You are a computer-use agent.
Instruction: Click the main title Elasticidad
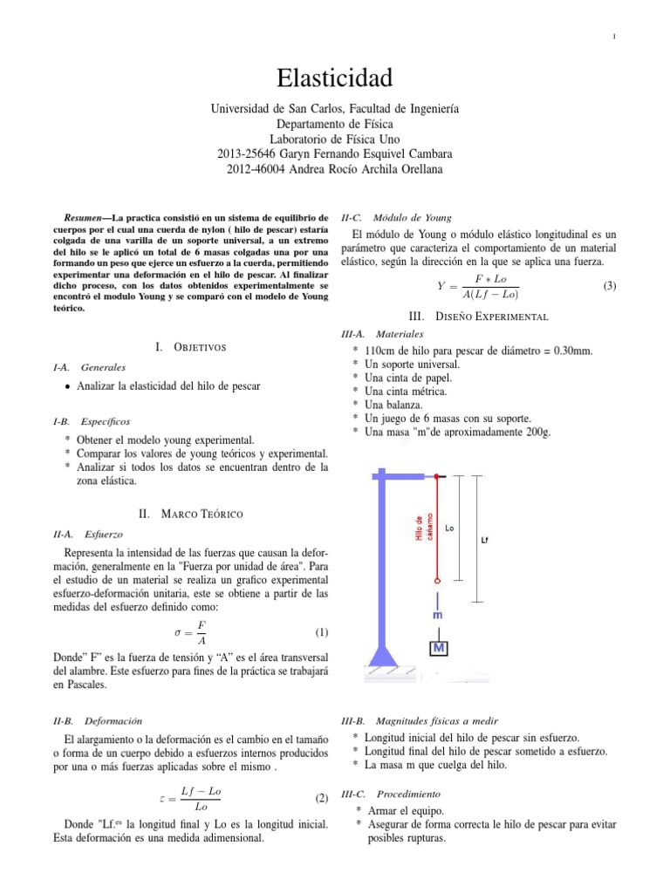click(x=334, y=78)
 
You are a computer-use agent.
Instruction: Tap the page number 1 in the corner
click(x=615, y=36)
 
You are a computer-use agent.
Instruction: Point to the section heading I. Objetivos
click(x=190, y=347)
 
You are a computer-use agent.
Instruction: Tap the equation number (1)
click(x=320, y=632)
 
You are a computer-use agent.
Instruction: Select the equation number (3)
click(x=610, y=285)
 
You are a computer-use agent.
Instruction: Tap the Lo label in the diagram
click(x=449, y=528)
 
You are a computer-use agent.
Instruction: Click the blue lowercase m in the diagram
click(x=438, y=615)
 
